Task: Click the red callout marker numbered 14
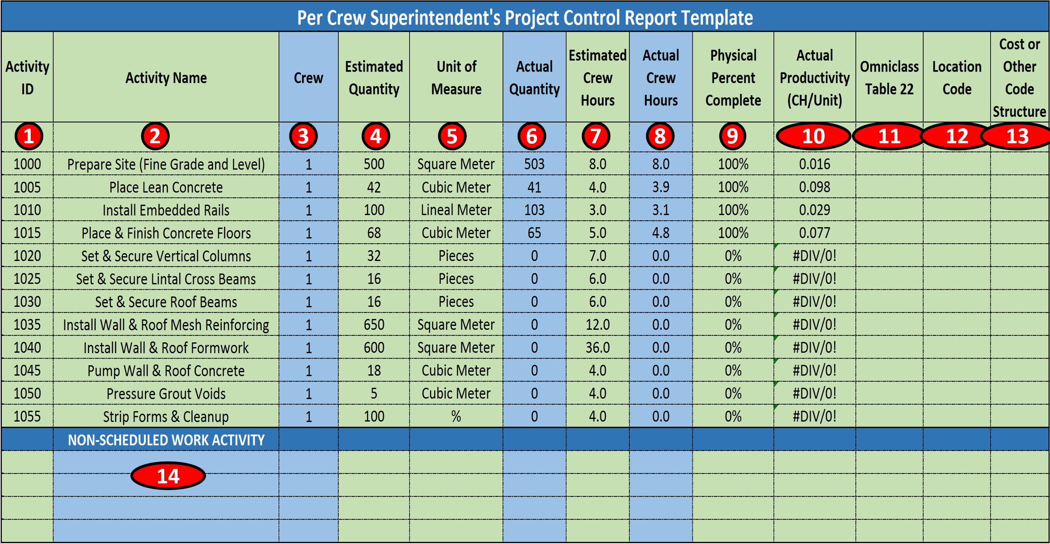[x=168, y=476]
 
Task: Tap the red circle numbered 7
[x=595, y=136]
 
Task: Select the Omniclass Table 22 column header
[x=889, y=78]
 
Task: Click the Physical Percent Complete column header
[x=733, y=78]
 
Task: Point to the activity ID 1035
[x=27, y=325]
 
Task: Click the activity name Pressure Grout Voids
[x=166, y=394]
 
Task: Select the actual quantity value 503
[x=534, y=164]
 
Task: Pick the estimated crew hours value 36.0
[x=597, y=348]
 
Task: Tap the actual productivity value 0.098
[x=814, y=187]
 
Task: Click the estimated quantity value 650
[x=374, y=325]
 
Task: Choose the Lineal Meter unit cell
[x=456, y=210]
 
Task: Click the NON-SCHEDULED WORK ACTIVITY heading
[x=166, y=440]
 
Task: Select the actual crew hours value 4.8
[x=660, y=233]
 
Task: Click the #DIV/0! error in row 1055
[x=814, y=416]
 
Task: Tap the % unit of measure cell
[x=456, y=416]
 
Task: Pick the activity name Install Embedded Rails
[x=166, y=210]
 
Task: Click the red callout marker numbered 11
[x=889, y=136]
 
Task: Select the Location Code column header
[x=957, y=78]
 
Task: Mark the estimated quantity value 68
[x=374, y=233]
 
